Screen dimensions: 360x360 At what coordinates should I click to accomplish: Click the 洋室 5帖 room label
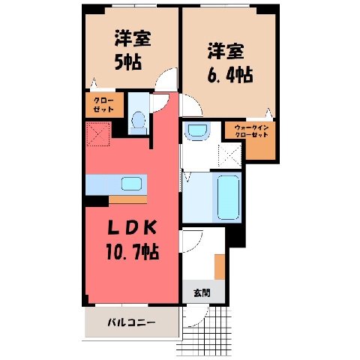(133, 50)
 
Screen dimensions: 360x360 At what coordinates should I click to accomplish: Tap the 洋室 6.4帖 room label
(229, 64)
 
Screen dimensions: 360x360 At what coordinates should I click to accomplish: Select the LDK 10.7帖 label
(132, 241)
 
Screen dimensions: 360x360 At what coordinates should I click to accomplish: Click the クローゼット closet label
(103, 105)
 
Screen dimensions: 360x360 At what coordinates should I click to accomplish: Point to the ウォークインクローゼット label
(251, 131)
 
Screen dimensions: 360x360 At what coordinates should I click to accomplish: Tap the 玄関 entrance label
(202, 292)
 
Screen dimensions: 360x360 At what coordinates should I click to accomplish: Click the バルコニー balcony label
(131, 322)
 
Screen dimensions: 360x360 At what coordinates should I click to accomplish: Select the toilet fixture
(138, 123)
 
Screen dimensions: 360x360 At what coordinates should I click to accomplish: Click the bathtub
(227, 197)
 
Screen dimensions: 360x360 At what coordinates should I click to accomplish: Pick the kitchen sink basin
(131, 184)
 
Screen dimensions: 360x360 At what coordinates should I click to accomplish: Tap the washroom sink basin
(197, 131)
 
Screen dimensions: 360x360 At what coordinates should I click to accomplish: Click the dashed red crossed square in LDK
(98, 134)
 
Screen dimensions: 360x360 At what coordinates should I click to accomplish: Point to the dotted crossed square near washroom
(229, 155)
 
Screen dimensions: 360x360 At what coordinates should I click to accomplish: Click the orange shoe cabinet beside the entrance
(220, 267)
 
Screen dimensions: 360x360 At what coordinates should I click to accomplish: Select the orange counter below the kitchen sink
(127, 199)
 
